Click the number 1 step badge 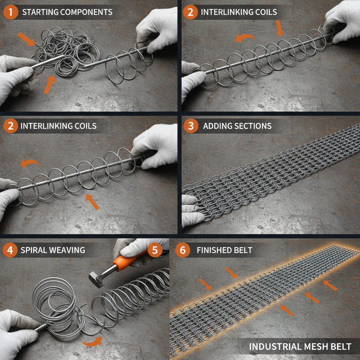(x=11, y=12)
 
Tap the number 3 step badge (x=191, y=126)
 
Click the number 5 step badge (x=155, y=250)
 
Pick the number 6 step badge (x=182, y=250)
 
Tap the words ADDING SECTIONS (x=237, y=126)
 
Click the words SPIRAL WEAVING (x=53, y=250)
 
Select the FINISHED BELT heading (x=224, y=250)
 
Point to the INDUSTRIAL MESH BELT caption (x=300, y=347)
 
